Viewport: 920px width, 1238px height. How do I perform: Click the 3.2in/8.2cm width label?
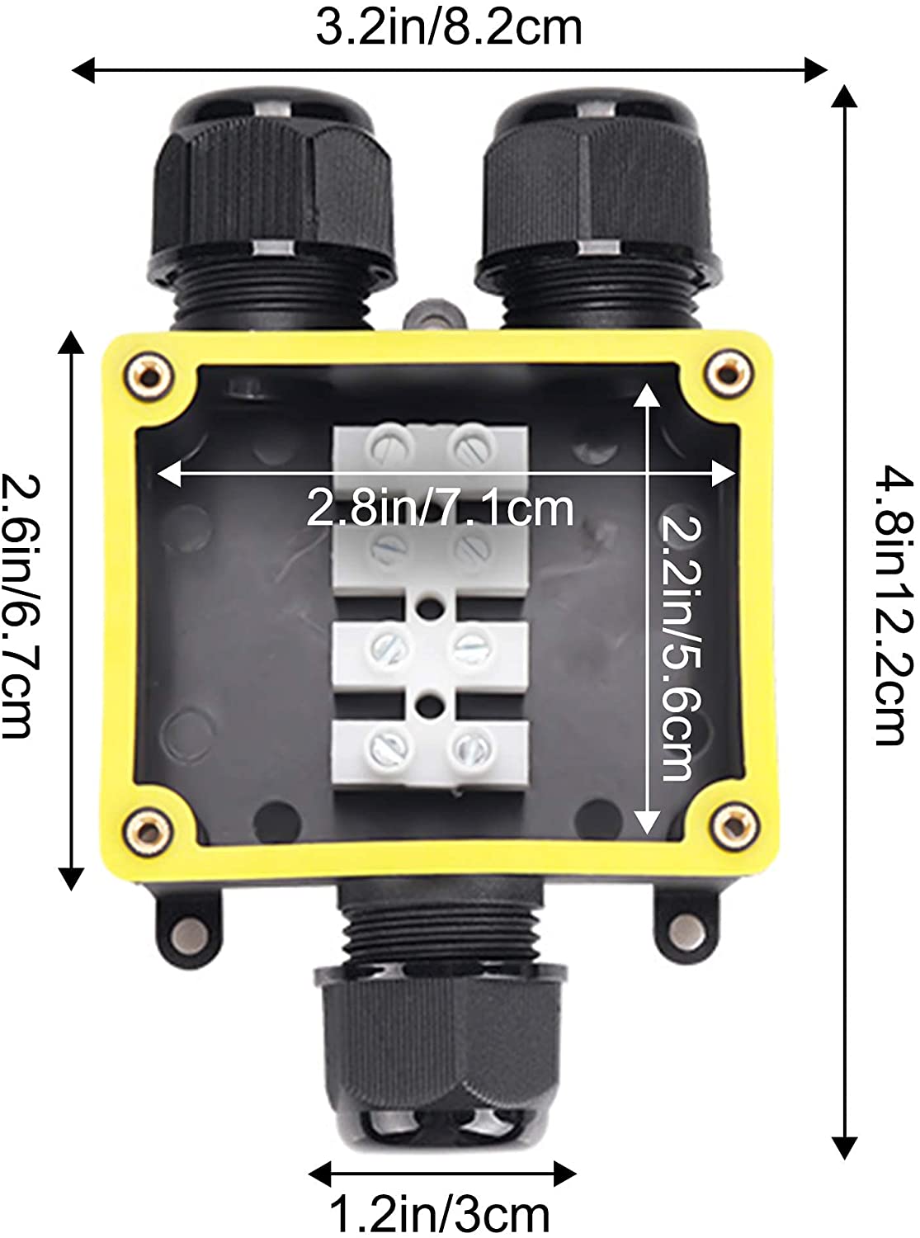(449, 28)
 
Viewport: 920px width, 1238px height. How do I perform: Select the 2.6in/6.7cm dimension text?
(22, 606)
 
